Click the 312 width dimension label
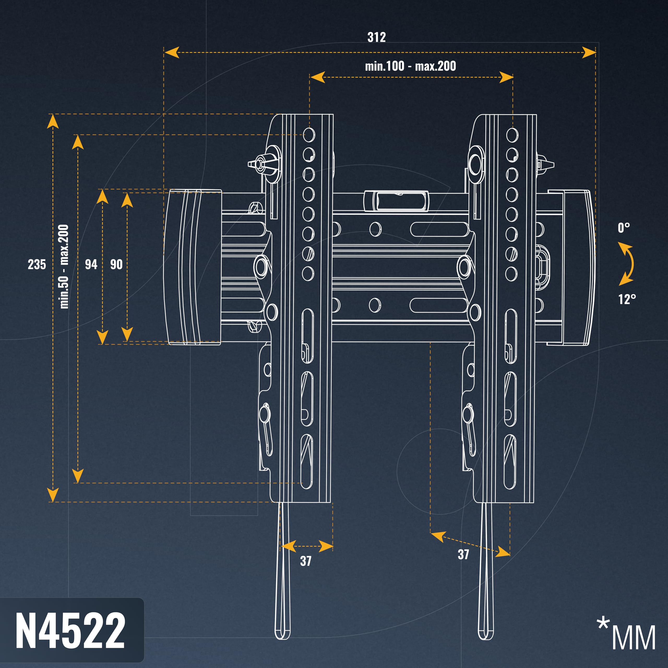coord(377,37)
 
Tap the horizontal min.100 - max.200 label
coord(410,66)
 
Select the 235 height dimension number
coord(37,265)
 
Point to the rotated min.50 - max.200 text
coord(64,266)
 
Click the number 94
coord(91,265)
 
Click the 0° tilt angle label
coord(624,228)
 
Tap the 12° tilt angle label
coord(627,299)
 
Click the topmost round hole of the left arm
coord(309,134)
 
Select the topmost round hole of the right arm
coord(512,134)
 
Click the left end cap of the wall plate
coord(192,267)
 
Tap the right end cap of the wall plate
coord(571,267)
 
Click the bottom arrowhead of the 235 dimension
coord(52,495)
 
